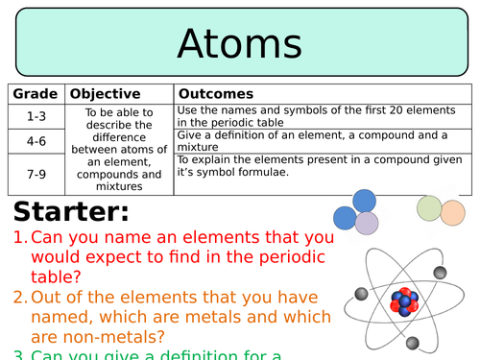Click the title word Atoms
pos(239,43)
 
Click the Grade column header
pos(36,94)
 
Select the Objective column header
pos(105,94)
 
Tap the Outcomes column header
pos(216,94)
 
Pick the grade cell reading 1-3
pos(36,116)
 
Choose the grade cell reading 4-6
pos(36,141)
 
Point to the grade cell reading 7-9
pos(36,175)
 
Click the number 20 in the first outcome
pos(396,110)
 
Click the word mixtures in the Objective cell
pos(119,186)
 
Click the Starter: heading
pos(71,211)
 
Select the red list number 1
pos(20,237)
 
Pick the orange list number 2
pos(20,298)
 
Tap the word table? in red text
pos(56,276)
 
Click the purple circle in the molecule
pos(367,223)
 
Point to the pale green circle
pos(429,208)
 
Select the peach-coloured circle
pos(453,212)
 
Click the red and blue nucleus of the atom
pos(404,301)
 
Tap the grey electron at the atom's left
pos(362,294)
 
